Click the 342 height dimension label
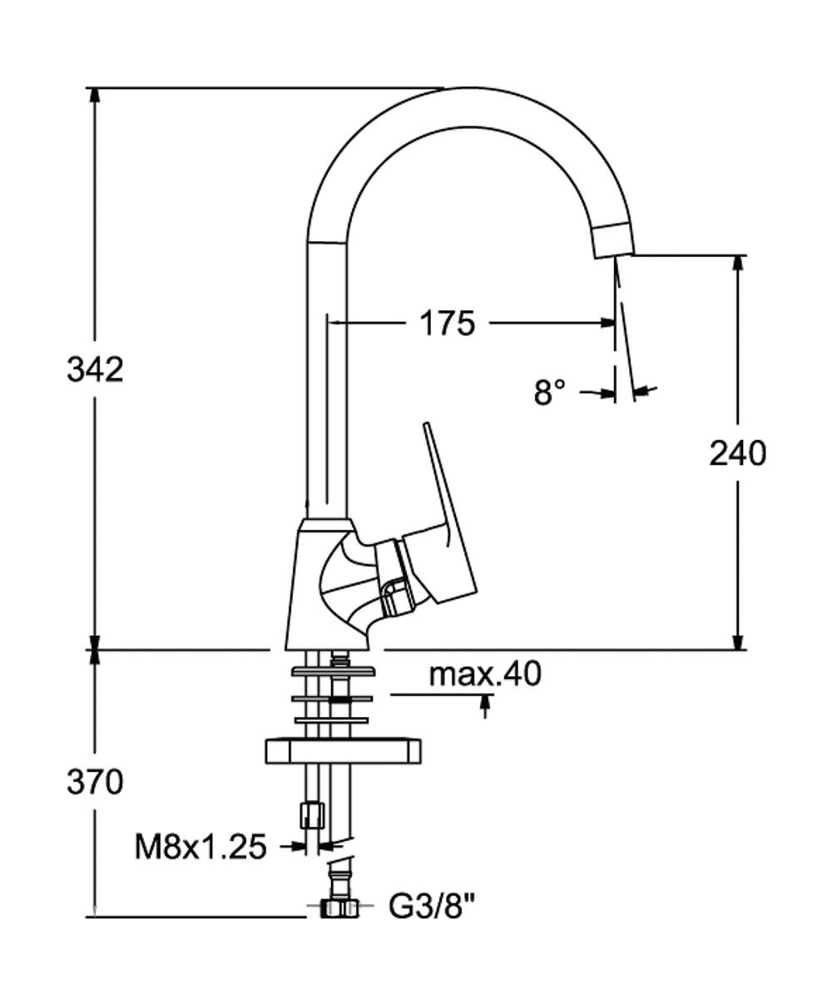coord(95,369)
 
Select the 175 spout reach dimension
coord(446,322)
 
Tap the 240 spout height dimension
coord(737,453)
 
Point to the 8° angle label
coord(549,391)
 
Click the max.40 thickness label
coord(485,674)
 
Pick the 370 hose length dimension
coord(95,781)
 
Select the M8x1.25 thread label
coord(201,847)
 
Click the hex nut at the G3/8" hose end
coord(339,908)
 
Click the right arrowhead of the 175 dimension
coord(607,322)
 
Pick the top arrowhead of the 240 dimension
coord(737,262)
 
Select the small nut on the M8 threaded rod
coord(311,814)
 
